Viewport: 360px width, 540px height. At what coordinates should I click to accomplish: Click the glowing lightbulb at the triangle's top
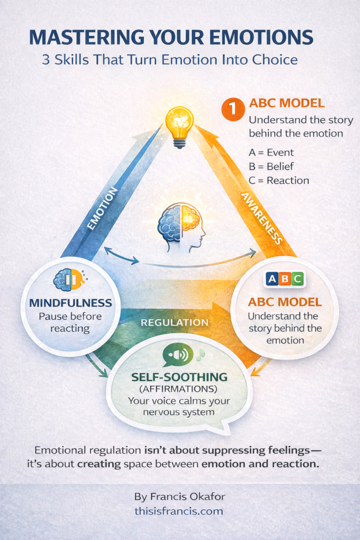(179, 123)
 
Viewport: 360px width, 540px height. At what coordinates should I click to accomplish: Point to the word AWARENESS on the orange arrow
(260, 216)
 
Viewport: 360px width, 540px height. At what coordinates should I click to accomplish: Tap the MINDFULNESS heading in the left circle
(71, 303)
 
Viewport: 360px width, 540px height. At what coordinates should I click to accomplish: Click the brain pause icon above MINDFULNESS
(69, 280)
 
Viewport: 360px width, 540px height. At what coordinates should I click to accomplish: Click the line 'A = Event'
(271, 153)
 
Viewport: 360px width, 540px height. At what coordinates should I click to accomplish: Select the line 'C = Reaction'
(278, 180)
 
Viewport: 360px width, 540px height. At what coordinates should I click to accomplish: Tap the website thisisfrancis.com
(179, 511)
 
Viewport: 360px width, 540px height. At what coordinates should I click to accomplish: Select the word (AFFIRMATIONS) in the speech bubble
(180, 389)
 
